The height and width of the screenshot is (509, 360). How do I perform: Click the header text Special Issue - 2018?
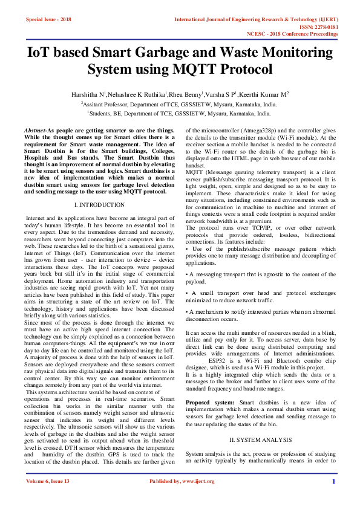point(48,20)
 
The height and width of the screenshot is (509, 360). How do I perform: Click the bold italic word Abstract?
point(35,131)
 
